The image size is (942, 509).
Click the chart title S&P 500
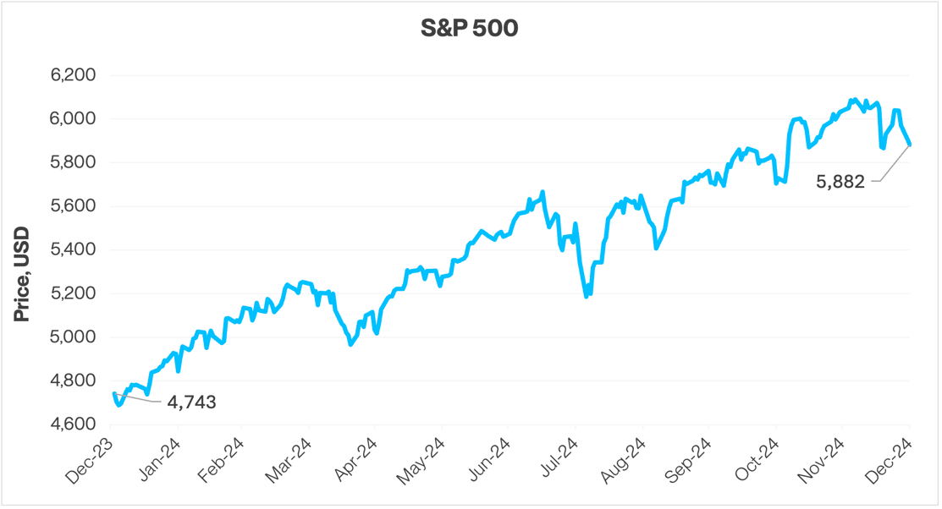pyautogui.click(x=471, y=29)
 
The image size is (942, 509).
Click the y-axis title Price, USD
pyautogui.click(x=23, y=274)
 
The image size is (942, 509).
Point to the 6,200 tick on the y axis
pyautogui.click(x=73, y=75)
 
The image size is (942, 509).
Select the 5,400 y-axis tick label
pyautogui.click(x=73, y=249)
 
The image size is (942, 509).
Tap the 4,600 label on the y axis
pyautogui.click(x=73, y=424)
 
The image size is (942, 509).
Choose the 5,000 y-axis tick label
pyautogui.click(x=73, y=337)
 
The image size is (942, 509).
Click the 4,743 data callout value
pyautogui.click(x=191, y=403)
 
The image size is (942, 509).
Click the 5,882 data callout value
pyautogui.click(x=840, y=181)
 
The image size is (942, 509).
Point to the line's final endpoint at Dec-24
pyautogui.click(x=910, y=145)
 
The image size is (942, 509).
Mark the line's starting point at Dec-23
pyautogui.click(x=113, y=393)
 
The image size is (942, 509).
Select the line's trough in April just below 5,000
pyautogui.click(x=350, y=344)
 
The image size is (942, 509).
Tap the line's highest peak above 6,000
pyautogui.click(x=856, y=100)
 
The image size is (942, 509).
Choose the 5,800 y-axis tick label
pyautogui.click(x=73, y=162)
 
